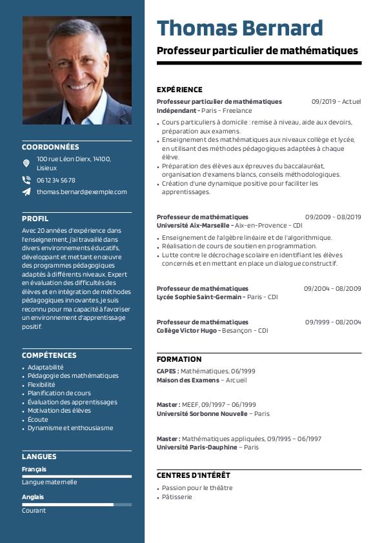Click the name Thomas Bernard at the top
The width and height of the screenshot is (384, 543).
click(x=239, y=28)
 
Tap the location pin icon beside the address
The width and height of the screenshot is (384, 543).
click(x=26, y=163)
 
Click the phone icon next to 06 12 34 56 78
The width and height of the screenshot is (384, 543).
click(x=26, y=181)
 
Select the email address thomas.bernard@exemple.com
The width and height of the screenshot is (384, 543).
click(x=82, y=192)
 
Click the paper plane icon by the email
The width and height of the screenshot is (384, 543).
click(x=26, y=192)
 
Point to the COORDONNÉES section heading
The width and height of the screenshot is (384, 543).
click(x=50, y=147)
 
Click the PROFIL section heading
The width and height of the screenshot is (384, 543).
click(x=35, y=219)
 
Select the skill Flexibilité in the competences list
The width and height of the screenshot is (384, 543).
click(x=41, y=384)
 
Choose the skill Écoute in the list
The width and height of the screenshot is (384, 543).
click(x=37, y=419)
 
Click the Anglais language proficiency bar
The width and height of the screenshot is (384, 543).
click(x=76, y=504)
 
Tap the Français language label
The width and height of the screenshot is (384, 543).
click(x=34, y=469)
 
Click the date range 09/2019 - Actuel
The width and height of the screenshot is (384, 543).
click(x=336, y=101)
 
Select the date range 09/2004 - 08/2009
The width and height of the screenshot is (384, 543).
click(x=332, y=288)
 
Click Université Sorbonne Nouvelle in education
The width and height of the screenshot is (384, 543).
click(x=201, y=413)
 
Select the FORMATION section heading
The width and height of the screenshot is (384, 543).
click(x=179, y=359)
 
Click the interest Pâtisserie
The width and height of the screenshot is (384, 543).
click(x=177, y=497)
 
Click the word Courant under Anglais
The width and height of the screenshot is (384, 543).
click(x=34, y=511)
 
